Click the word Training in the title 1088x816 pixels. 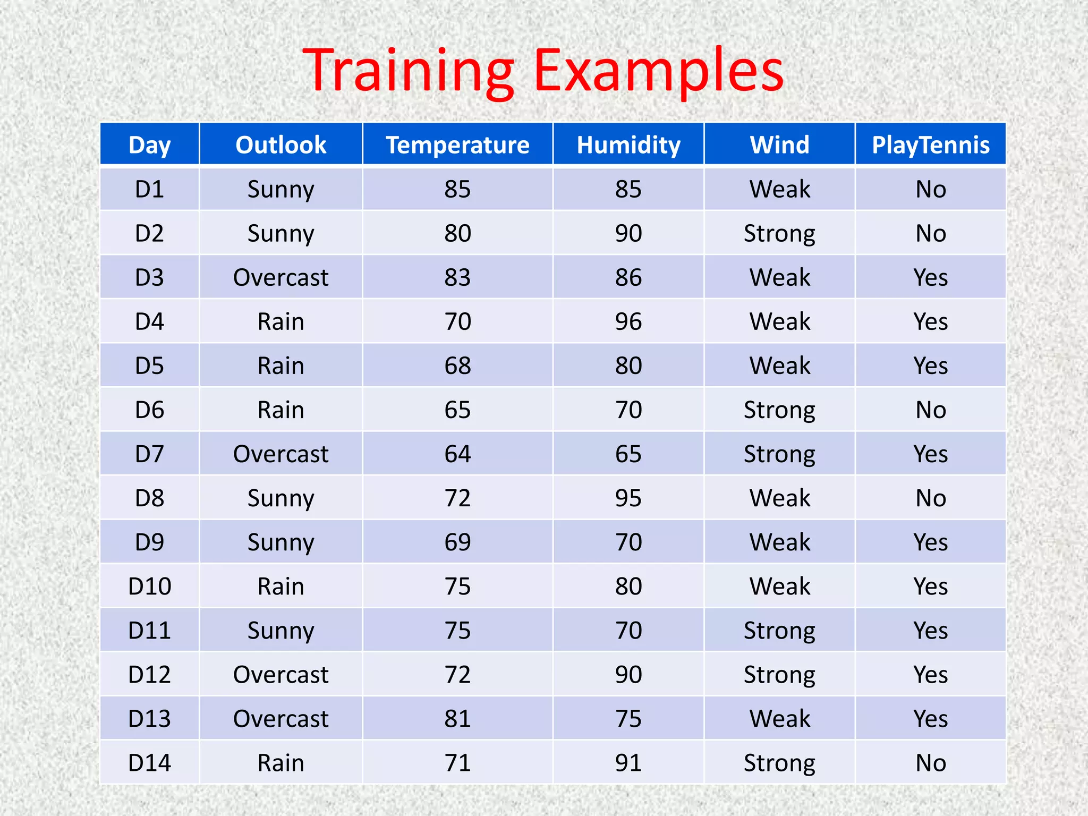(408, 71)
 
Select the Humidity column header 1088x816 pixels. (628, 144)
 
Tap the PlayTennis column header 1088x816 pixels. (931, 144)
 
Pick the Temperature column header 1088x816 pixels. (457, 144)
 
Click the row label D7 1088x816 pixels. (149, 454)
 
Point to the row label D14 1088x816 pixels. (149, 762)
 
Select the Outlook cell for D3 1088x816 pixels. (280, 277)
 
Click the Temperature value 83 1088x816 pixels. (457, 277)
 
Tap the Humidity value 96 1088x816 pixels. (628, 321)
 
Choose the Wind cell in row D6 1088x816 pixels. (779, 410)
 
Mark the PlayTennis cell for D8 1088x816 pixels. (931, 498)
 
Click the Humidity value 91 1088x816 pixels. (628, 762)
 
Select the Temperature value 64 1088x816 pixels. (457, 454)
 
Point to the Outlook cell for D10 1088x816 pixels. (280, 586)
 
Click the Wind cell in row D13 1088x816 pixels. (779, 718)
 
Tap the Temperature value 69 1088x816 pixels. (457, 542)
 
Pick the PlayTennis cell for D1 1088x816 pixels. (931, 189)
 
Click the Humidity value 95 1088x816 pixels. (628, 498)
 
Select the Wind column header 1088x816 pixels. (779, 144)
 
